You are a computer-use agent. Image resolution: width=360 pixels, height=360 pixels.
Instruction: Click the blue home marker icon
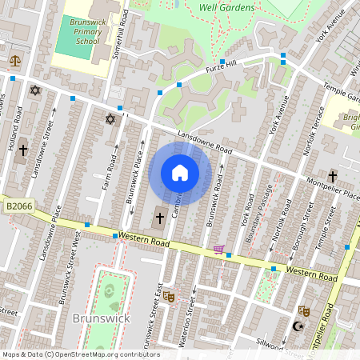pyautogui.click(x=180, y=173)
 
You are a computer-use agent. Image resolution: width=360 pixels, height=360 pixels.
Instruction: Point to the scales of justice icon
pyautogui.click(x=14, y=61)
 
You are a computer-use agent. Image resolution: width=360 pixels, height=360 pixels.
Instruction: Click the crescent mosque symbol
pyautogui.click(x=301, y=326)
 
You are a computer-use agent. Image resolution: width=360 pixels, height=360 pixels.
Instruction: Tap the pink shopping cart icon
pyautogui.click(x=218, y=250)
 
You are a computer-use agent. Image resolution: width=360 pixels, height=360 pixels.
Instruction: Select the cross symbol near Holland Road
pyautogui.click(x=23, y=150)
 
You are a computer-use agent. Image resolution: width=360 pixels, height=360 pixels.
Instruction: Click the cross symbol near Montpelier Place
pyautogui.click(x=332, y=175)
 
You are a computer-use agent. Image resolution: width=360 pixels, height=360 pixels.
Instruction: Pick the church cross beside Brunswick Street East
pyautogui.click(x=159, y=218)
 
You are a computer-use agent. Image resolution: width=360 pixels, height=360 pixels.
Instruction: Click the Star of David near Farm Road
pyautogui.click(x=110, y=120)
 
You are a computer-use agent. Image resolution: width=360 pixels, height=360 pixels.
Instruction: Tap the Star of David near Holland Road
pyautogui.click(x=34, y=90)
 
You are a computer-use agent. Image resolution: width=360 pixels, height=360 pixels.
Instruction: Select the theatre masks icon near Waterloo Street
pyautogui.click(x=168, y=296)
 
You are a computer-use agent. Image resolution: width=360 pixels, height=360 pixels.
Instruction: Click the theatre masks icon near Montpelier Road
pyautogui.click(x=304, y=310)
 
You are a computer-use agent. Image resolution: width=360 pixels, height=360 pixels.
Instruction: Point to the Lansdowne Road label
pyautogui.click(x=205, y=144)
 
